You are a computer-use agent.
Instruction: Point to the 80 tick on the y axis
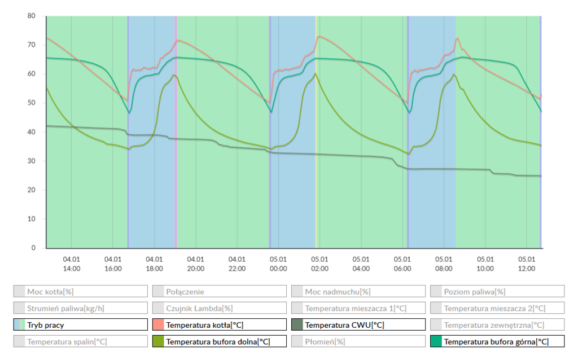pos(32,16)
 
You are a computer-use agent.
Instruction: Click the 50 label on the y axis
pos(32,103)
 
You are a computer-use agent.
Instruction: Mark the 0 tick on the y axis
pos(33,248)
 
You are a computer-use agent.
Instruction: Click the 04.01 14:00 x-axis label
pos(72,264)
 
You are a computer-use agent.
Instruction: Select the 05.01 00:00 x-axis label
pos(278,264)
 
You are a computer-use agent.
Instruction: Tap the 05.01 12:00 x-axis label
pos(527,264)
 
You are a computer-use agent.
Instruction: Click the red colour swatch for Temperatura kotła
pos(158,325)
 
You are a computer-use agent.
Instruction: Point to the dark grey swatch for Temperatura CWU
pos(297,325)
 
